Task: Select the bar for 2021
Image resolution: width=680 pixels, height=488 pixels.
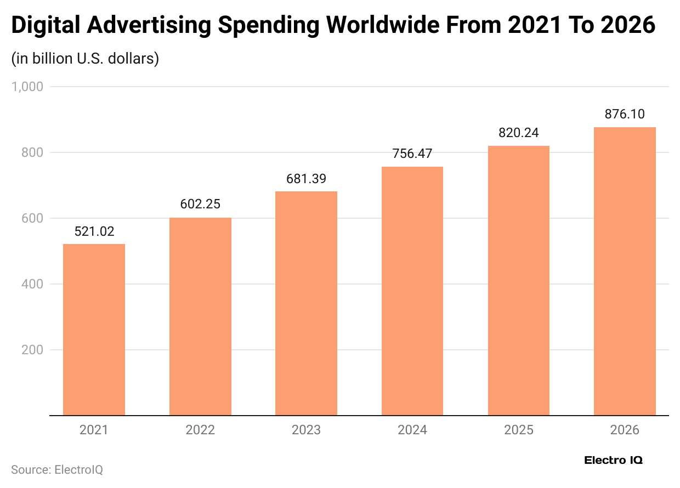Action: [94, 330]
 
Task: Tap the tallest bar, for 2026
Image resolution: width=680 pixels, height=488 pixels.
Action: [625, 271]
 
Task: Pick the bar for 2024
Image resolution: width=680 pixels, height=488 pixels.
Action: [412, 291]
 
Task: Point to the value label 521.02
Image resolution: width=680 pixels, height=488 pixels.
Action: [94, 231]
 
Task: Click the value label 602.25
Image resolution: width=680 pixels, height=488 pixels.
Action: [200, 205]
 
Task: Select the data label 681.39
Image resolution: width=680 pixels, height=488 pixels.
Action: [306, 179]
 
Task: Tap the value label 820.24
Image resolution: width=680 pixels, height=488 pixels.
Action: [518, 133]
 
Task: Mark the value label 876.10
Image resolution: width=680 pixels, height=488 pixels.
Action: [625, 114]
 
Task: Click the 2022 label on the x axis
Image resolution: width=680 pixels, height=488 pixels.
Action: [200, 430]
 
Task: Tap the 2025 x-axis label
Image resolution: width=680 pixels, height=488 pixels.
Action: [518, 430]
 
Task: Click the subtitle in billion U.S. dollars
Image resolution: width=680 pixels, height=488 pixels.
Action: [85, 58]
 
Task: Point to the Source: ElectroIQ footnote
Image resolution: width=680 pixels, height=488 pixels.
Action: [57, 470]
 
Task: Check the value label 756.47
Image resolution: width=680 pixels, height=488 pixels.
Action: [412, 154]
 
